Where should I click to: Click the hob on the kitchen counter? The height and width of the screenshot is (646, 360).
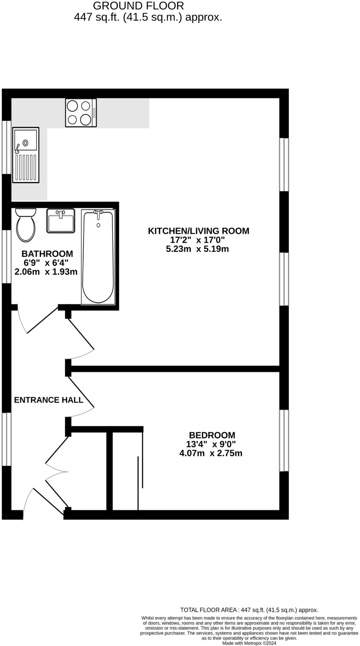[81, 113]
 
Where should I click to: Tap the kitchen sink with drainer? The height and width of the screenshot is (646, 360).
[26, 155]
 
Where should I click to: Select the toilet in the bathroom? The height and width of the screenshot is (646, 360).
[26, 225]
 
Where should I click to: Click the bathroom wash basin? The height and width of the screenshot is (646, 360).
[61, 220]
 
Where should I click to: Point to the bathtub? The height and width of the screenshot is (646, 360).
[98, 256]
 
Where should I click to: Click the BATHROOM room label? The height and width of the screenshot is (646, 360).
[47, 254]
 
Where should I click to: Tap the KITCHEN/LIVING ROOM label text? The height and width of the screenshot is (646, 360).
[198, 231]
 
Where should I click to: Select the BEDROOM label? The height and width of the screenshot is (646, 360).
[212, 435]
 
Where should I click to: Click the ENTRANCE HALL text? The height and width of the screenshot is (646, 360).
[49, 400]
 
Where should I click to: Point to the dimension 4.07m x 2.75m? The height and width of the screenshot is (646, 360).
[211, 454]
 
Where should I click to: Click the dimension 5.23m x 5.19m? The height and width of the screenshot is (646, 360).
[197, 249]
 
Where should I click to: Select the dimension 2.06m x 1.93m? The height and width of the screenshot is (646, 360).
[46, 272]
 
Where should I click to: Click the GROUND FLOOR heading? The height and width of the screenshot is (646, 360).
[138, 6]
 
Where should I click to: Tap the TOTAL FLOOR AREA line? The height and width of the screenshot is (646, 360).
[249, 610]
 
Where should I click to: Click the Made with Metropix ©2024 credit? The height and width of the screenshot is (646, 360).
[249, 643]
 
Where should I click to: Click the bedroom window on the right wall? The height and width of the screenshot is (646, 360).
[284, 440]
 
